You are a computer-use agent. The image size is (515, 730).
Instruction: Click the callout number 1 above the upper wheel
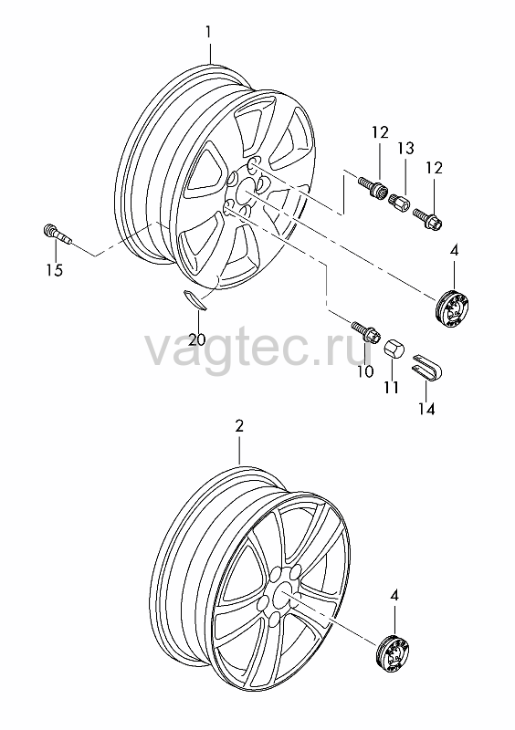tap(208, 32)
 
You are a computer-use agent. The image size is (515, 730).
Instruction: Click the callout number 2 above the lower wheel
tap(239, 426)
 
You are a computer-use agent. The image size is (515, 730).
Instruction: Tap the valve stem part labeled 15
tap(58, 234)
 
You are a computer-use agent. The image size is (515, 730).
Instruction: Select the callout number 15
tap(55, 269)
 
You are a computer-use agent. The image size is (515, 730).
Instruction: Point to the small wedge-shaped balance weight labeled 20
tap(194, 299)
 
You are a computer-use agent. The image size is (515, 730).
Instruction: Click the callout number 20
tap(197, 339)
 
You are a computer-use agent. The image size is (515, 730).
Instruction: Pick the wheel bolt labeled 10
tap(366, 332)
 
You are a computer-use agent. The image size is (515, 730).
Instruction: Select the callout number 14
tap(426, 409)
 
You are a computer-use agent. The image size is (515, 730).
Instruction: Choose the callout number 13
tap(405, 149)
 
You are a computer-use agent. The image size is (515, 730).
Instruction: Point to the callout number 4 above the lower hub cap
tap(394, 596)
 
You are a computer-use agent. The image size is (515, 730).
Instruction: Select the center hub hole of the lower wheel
tap(282, 592)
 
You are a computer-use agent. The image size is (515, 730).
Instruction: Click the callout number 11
tap(391, 387)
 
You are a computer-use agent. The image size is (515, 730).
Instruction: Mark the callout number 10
tap(365, 371)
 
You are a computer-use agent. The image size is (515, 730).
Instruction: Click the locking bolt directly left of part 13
tap(373, 188)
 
